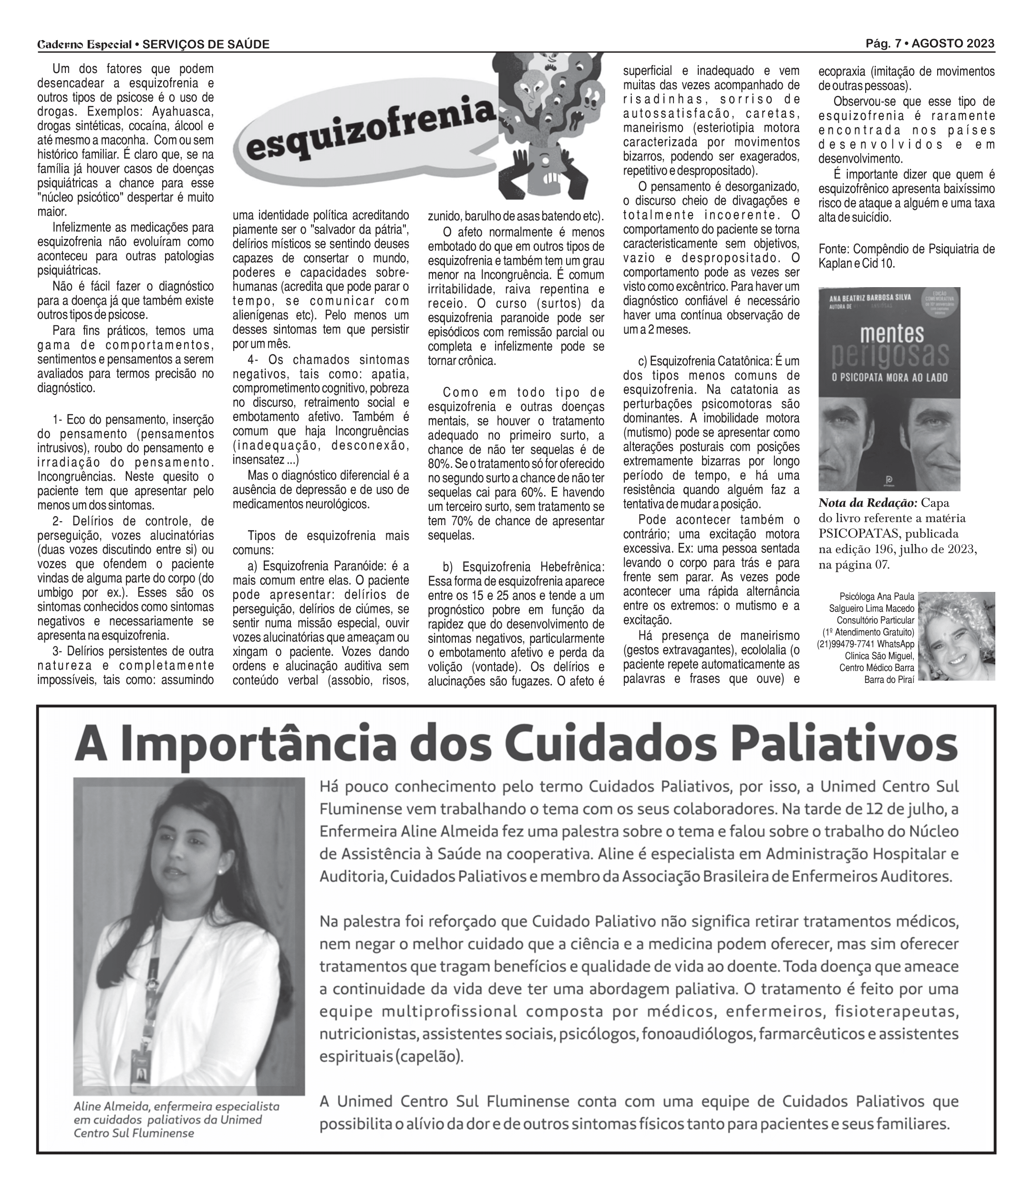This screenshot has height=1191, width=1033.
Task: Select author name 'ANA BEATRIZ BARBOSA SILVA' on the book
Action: (870, 298)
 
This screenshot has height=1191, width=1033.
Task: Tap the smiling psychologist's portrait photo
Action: (956, 636)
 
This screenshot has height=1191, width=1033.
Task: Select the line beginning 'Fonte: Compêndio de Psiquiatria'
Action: (906, 249)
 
